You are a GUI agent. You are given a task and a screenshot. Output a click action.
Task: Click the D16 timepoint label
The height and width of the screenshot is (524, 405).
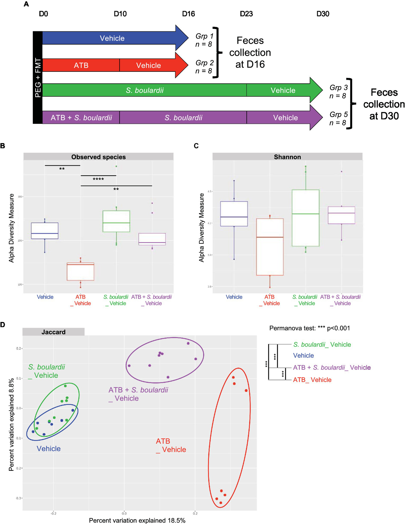188,14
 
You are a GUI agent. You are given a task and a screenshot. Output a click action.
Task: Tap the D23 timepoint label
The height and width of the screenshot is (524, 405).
246,14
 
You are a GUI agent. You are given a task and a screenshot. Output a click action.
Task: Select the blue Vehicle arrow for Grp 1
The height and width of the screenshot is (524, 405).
112,38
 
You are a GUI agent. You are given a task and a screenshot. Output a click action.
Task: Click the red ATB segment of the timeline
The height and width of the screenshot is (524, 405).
81,65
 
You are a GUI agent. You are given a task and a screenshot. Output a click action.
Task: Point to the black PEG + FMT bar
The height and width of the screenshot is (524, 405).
38,77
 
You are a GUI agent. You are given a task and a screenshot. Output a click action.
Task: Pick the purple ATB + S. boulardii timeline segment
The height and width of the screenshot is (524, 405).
81,118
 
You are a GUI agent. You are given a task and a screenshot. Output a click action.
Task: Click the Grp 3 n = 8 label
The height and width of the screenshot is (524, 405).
339,91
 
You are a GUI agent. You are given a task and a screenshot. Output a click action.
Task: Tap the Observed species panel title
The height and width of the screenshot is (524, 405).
98,157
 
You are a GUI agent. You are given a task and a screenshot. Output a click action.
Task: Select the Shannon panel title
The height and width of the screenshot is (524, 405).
287,157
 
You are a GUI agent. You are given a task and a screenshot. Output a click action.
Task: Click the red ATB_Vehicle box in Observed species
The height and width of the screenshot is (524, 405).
80,272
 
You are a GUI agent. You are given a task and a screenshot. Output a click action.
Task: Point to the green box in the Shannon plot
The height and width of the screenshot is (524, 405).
306,218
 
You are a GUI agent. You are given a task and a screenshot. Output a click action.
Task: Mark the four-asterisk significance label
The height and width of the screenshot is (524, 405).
98,179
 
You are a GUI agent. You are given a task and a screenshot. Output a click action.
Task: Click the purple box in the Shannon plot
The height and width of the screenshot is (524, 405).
341,215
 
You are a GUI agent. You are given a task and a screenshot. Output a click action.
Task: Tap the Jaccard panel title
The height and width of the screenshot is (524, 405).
54,332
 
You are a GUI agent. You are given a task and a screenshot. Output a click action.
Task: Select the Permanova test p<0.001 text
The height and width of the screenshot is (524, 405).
309,328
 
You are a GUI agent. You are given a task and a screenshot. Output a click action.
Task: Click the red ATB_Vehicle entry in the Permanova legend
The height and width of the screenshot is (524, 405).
312,380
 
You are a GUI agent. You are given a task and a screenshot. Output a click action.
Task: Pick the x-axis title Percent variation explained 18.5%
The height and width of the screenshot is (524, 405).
137,520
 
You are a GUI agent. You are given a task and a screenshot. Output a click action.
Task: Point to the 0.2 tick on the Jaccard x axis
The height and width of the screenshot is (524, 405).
195,513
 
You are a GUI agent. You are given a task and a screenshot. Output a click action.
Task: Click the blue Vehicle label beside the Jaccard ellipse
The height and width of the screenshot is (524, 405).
49,448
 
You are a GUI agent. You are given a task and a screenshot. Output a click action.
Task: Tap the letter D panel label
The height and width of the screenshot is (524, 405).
3,325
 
